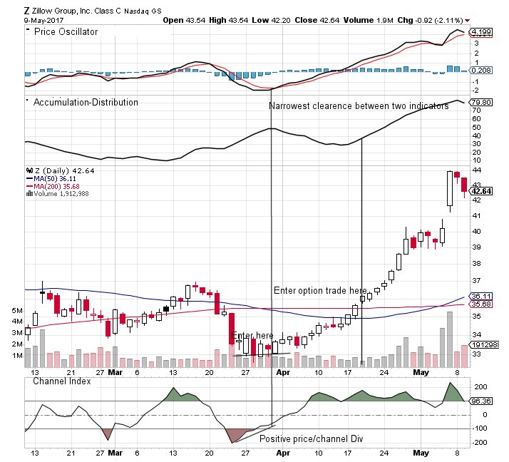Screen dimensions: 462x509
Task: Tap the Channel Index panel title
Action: (63, 381)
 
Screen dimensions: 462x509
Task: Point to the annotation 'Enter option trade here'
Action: (320, 291)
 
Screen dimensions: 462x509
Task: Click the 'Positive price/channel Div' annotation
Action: (311, 439)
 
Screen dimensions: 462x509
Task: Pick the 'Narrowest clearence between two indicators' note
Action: (359, 106)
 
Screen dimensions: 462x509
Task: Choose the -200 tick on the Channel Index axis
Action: (480, 442)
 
